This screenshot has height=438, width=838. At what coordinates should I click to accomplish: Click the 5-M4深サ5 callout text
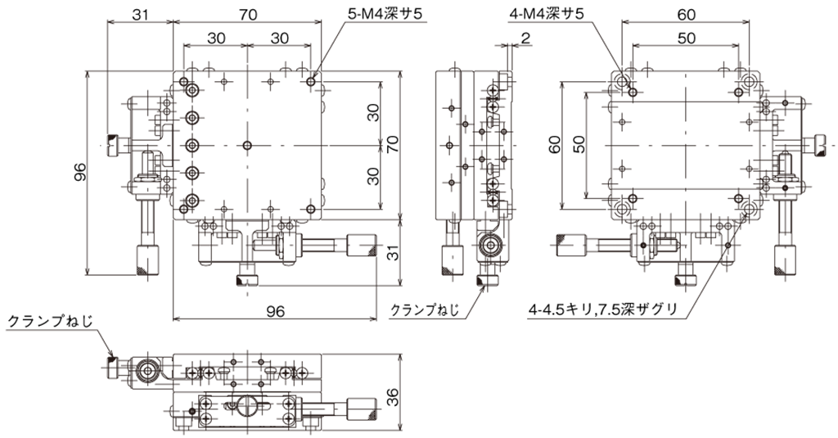coord(385,15)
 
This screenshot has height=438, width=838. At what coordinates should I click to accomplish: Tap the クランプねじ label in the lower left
coord(50,322)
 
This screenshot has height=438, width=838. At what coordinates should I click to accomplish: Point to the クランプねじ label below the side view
coord(426,309)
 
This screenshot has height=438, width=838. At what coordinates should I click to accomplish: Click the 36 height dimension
coord(393,396)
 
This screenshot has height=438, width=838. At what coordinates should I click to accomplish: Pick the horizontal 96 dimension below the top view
coord(275,311)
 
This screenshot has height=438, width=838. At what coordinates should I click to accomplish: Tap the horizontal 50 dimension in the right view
coord(687,38)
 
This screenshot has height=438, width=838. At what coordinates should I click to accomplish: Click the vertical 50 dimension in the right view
coord(579,145)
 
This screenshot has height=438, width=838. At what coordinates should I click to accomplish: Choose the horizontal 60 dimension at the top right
coord(687,15)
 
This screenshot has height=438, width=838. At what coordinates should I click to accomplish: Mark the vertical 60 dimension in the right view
coord(555,145)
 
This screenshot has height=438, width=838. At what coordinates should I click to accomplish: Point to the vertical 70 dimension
coord(393,144)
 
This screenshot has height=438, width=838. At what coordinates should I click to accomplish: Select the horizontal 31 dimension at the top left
coord(140,15)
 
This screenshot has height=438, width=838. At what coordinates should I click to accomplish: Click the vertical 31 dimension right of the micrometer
coord(393,252)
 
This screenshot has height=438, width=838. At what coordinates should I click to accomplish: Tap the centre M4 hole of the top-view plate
coord(247,145)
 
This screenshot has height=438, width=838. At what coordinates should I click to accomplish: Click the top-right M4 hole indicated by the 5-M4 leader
coord(312,82)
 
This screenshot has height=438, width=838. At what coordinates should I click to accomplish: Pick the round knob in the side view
coord(489,246)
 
